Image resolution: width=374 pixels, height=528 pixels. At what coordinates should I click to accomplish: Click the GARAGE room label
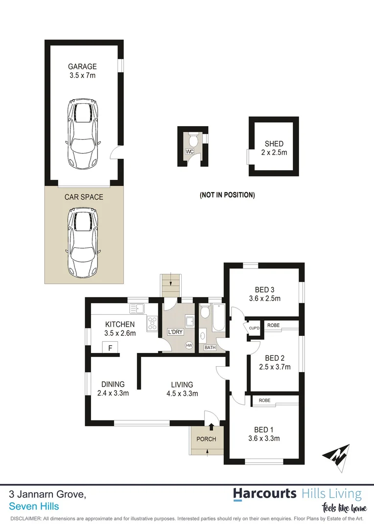(82, 66)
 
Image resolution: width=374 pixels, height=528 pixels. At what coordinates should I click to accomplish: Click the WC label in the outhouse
(189, 152)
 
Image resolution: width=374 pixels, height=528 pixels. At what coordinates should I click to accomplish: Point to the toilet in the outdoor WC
(193, 140)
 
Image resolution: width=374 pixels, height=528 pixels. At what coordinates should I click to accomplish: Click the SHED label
(274, 144)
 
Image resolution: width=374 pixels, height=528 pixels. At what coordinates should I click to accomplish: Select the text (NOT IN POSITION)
(227, 195)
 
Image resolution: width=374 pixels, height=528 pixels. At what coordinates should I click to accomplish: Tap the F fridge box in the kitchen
(110, 348)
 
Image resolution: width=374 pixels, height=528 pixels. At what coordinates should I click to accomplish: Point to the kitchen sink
(137, 308)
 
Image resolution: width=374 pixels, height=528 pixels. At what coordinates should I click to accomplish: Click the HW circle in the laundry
(189, 345)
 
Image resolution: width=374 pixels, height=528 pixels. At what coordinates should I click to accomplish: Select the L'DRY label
(175, 331)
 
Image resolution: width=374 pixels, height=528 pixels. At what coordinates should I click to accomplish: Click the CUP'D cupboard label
(254, 328)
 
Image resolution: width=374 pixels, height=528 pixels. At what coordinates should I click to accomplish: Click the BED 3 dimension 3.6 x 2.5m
(264, 299)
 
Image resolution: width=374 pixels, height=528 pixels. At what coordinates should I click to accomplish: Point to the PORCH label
(206, 439)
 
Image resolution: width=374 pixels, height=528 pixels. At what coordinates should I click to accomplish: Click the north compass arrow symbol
(336, 456)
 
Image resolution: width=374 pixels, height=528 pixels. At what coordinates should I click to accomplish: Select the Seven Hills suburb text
(34, 506)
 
